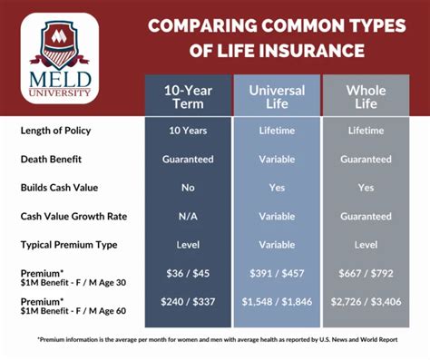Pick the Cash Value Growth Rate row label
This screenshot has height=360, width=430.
point(73,217)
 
